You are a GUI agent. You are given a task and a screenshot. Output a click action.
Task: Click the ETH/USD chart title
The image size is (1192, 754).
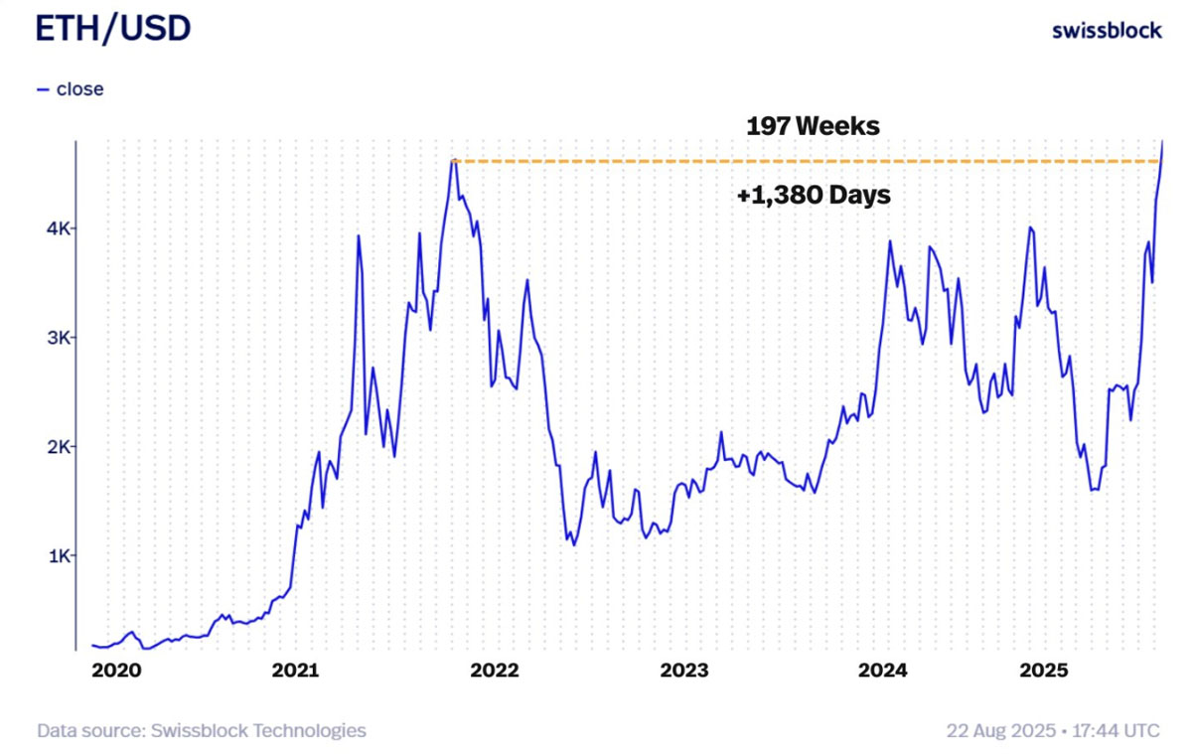[112, 30]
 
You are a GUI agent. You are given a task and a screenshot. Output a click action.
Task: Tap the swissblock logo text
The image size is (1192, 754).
[1107, 31]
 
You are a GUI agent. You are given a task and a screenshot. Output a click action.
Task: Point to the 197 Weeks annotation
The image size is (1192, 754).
[813, 127]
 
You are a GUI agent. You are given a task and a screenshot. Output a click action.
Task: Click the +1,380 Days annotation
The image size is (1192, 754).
[814, 196]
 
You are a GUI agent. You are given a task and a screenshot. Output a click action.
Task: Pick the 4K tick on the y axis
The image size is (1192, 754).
[57, 228]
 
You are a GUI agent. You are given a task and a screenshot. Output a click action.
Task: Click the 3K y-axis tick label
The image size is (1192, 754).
[57, 338]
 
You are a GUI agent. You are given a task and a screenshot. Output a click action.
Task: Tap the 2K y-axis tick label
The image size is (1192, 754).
[57, 446]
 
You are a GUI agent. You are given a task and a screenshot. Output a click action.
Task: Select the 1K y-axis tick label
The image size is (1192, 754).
[57, 555]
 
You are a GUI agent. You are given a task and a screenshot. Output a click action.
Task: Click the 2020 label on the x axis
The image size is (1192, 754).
[116, 671]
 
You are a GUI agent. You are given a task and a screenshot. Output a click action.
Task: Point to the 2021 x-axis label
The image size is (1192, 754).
[296, 671]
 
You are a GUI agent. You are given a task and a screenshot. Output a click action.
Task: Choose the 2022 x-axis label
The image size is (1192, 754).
[495, 671]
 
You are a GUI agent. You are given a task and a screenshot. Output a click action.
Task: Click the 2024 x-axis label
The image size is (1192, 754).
[881, 671]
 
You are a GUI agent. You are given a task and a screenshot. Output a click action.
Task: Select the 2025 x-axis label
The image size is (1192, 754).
[1044, 671]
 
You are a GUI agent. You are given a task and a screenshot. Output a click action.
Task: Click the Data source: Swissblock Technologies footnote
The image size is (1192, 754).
[202, 731]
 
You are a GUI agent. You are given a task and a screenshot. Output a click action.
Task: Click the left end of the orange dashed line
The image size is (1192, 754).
[453, 161]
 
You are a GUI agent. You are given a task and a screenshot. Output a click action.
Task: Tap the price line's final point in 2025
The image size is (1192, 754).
[1162, 143]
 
